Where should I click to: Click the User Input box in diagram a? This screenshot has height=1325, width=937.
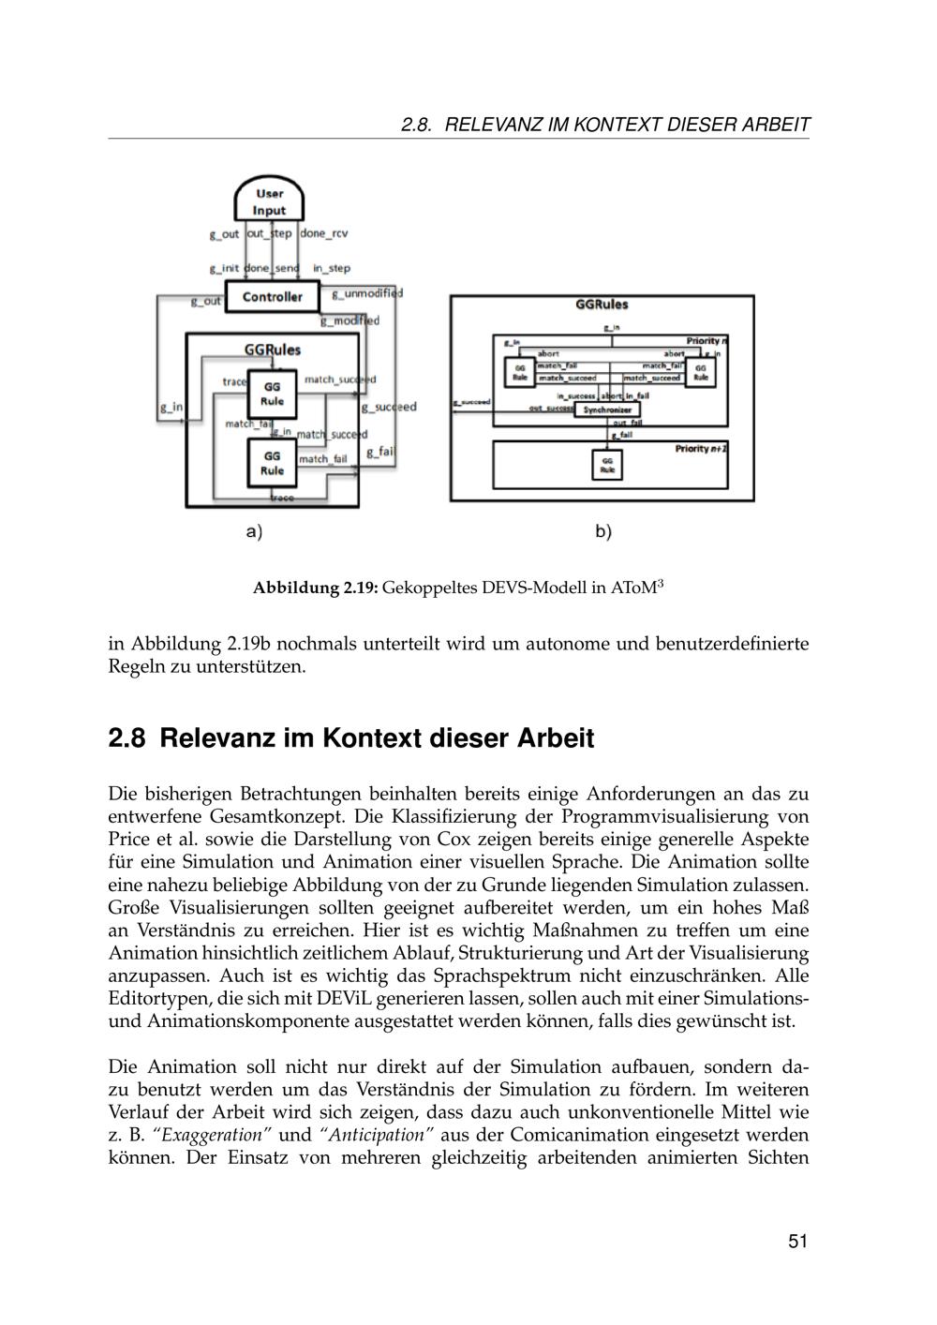[x=270, y=201]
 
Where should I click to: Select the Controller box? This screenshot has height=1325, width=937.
[x=272, y=297]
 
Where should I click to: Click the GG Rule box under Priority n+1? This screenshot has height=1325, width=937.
[x=607, y=464]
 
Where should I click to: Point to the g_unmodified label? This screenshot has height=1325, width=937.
[x=368, y=293]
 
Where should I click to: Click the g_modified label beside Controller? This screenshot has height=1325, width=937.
[x=350, y=320]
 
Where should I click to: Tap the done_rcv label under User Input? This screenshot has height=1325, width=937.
[x=324, y=233]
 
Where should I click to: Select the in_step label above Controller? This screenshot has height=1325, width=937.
[x=332, y=268]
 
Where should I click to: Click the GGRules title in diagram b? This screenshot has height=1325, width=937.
[x=602, y=305]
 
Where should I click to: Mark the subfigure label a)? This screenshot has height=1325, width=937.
[x=254, y=531]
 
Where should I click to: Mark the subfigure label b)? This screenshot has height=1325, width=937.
[x=603, y=531]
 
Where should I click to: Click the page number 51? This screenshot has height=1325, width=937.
[x=797, y=1242]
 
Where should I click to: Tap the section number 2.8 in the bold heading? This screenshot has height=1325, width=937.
[x=126, y=738]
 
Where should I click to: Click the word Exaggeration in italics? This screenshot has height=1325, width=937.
[x=215, y=1135]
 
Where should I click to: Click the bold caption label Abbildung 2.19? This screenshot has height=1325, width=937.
[x=315, y=588]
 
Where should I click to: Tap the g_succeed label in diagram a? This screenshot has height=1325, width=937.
[x=389, y=407]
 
